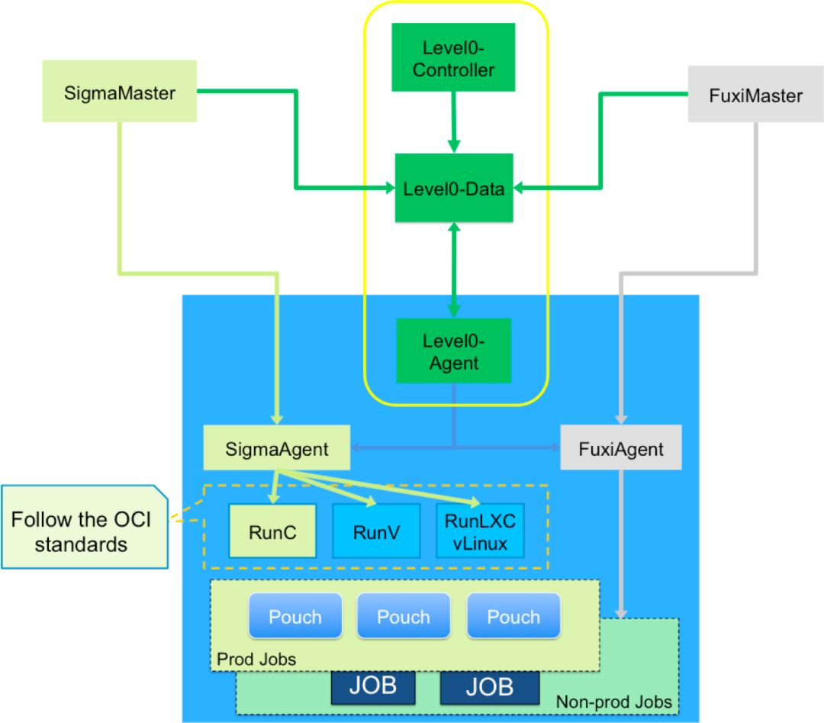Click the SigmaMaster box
pyautogui.click(x=119, y=91)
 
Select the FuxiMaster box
pyautogui.click(x=755, y=94)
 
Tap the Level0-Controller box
pyautogui.click(x=453, y=56)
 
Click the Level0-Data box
pyautogui.click(x=454, y=188)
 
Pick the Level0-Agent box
pyautogui.click(x=453, y=350)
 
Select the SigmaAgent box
pyautogui.click(x=276, y=447)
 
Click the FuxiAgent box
pyautogui.click(x=620, y=447)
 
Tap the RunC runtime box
pyautogui.click(x=272, y=531)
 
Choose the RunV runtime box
pyautogui.click(x=376, y=531)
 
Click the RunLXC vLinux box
pyautogui.click(x=480, y=531)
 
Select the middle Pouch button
pyautogui.click(x=404, y=615)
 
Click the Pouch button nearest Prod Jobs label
pyautogui.click(x=295, y=615)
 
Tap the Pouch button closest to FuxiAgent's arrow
pyautogui.click(x=513, y=615)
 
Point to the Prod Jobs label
pyautogui.click(x=256, y=659)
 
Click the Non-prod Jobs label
pyautogui.click(x=613, y=702)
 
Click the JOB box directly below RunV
pyautogui.click(x=373, y=687)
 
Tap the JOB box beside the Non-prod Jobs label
pyautogui.click(x=490, y=687)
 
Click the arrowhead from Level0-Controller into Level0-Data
pyautogui.click(x=454, y=146)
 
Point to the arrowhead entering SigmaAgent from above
pyautogui.click(x=276, y=419)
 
